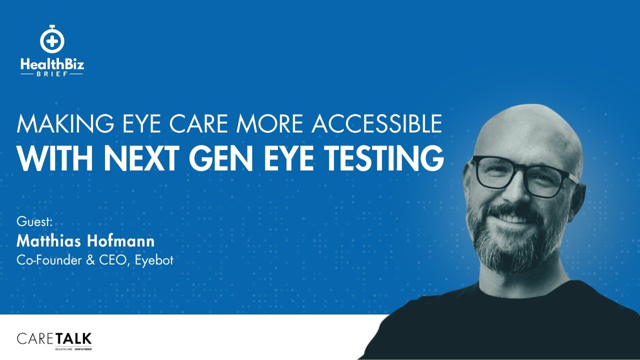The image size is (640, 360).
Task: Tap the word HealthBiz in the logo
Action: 51,64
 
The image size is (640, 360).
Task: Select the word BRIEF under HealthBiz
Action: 51,73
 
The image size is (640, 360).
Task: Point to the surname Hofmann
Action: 125,241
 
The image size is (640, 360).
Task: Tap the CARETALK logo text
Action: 54,338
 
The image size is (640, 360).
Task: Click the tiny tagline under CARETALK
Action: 73,348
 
